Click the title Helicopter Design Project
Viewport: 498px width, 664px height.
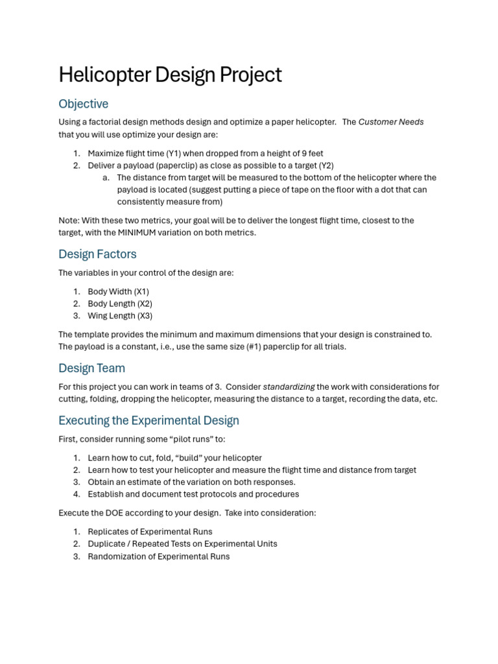click(x=170, y=75)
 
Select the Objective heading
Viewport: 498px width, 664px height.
click(x=83, y=104)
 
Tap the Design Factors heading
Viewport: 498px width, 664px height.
click(x=97, y=254)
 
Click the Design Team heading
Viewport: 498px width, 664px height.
click(x=91, y=368)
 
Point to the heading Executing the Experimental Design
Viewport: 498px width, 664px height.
click(x=148, y=420)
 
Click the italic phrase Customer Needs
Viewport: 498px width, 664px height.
click(x=391, y=122)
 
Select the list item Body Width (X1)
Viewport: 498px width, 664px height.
click(x=118, y=292)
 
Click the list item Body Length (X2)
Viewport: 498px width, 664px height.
click(x=121, y=303)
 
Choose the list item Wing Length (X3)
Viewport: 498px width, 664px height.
click(x=120, y=316)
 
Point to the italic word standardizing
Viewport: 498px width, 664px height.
click(x=289, y=386)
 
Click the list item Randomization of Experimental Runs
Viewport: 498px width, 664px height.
click(x=158, y=556)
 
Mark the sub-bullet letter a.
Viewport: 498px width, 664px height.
click(x=106, y=178)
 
